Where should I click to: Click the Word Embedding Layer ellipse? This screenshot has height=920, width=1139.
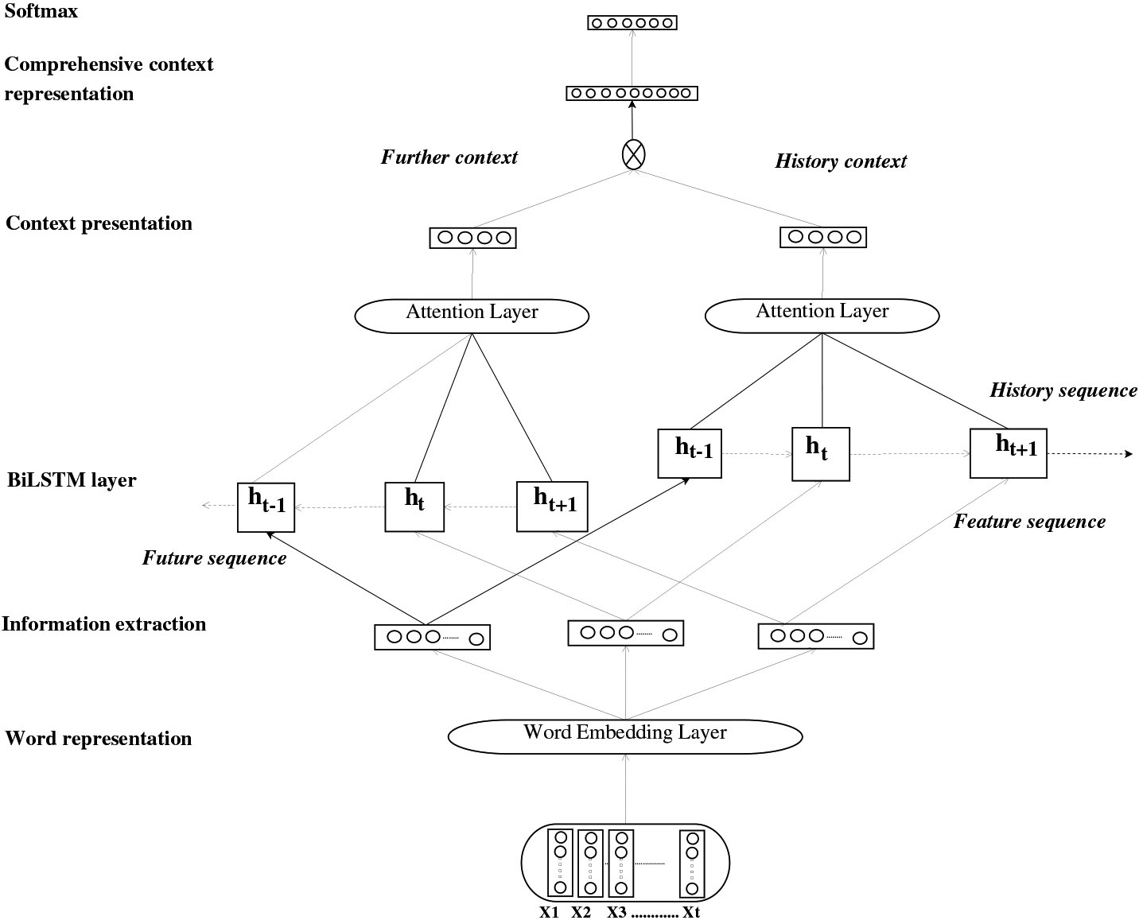pos(625,736)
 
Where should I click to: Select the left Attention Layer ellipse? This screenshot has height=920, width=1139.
pos(472,315)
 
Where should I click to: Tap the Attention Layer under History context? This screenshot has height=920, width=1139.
pos(822,315)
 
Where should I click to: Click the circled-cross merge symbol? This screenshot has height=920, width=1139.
pos(632,154)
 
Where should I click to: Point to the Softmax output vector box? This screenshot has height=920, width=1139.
pos(632,23)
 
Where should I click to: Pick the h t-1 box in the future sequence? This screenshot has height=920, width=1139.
pos(266,507)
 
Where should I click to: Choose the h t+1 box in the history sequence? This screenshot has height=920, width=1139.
pos(1008,452)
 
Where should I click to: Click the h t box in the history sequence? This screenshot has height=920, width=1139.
pos(821,453)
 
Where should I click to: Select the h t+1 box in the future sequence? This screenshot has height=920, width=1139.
pos(552,507)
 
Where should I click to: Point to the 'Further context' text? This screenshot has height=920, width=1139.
pos(449,157)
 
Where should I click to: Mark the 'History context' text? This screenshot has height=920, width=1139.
pos(841,161)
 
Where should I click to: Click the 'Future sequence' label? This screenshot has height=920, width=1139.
pos(214,558)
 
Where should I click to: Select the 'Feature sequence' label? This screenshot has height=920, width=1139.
pos(1029,522)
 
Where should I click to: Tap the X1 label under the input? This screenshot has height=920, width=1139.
pos(550,912)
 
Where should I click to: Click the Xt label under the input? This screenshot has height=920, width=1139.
pos(691,912)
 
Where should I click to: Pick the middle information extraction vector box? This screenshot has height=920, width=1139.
pos(625,633)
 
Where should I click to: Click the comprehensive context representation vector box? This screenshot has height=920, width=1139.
pos(632,93)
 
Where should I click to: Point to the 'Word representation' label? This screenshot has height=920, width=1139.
pos(99,739)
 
